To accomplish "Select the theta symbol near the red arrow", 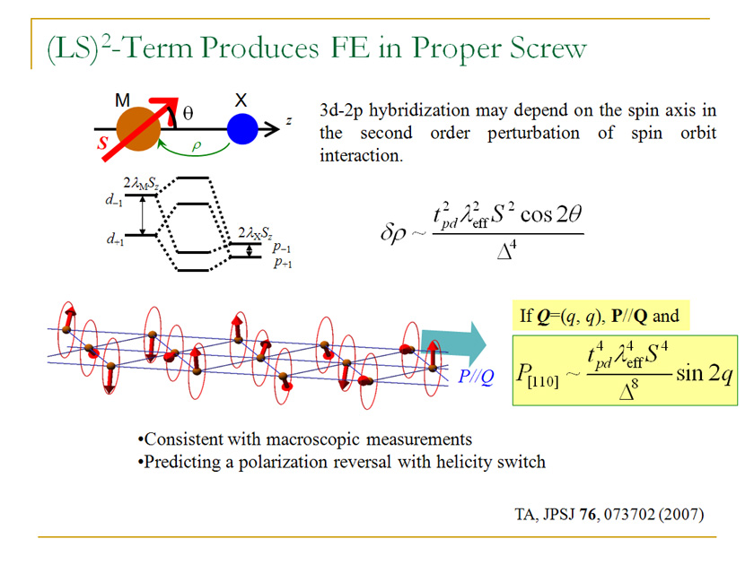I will pos(188,114).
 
